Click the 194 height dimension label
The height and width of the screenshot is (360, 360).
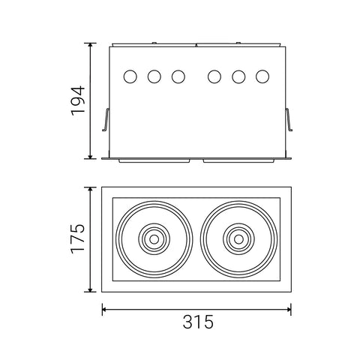click(x=77, y=100)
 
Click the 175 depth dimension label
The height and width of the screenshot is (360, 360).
click(x=77, y=238)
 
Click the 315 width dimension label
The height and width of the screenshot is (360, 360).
click(x=196, y=323)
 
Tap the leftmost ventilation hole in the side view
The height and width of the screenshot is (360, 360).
click(x=130, y=76)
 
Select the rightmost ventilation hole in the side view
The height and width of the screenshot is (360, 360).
click(x=262, y=76)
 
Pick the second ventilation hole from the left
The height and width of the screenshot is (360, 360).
click(x=154, y=76)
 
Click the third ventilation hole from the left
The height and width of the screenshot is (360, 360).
click(x=178, y=76)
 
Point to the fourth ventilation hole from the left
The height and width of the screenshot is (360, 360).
click(x=214, y=76)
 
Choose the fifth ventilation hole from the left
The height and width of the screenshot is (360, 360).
click(x=238, y=76)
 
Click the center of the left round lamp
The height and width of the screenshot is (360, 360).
click(x=154, y=239)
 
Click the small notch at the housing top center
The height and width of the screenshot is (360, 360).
click(x=196, y=45)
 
